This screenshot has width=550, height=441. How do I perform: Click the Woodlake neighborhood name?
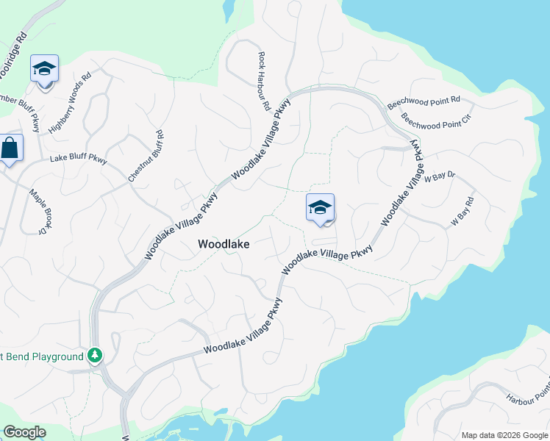tap(224, 245)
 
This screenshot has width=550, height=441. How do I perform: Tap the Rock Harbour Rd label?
tap(263, 81)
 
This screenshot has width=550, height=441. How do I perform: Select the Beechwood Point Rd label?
tap(424, 103)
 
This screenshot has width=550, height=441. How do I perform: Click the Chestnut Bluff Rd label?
tap(146, 157)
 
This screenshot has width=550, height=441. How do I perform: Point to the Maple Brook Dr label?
tap(37, 212)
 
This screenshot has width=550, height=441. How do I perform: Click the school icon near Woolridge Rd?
tap(44, 69)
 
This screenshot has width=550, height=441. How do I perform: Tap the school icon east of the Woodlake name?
tap(321, 207)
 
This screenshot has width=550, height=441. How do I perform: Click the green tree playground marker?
tap(94, 356)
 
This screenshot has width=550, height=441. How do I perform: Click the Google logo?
tap(24, 432)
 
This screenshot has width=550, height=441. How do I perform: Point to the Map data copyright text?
tap(504, 435)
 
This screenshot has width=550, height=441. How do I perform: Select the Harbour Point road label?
tap(527, 395)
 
